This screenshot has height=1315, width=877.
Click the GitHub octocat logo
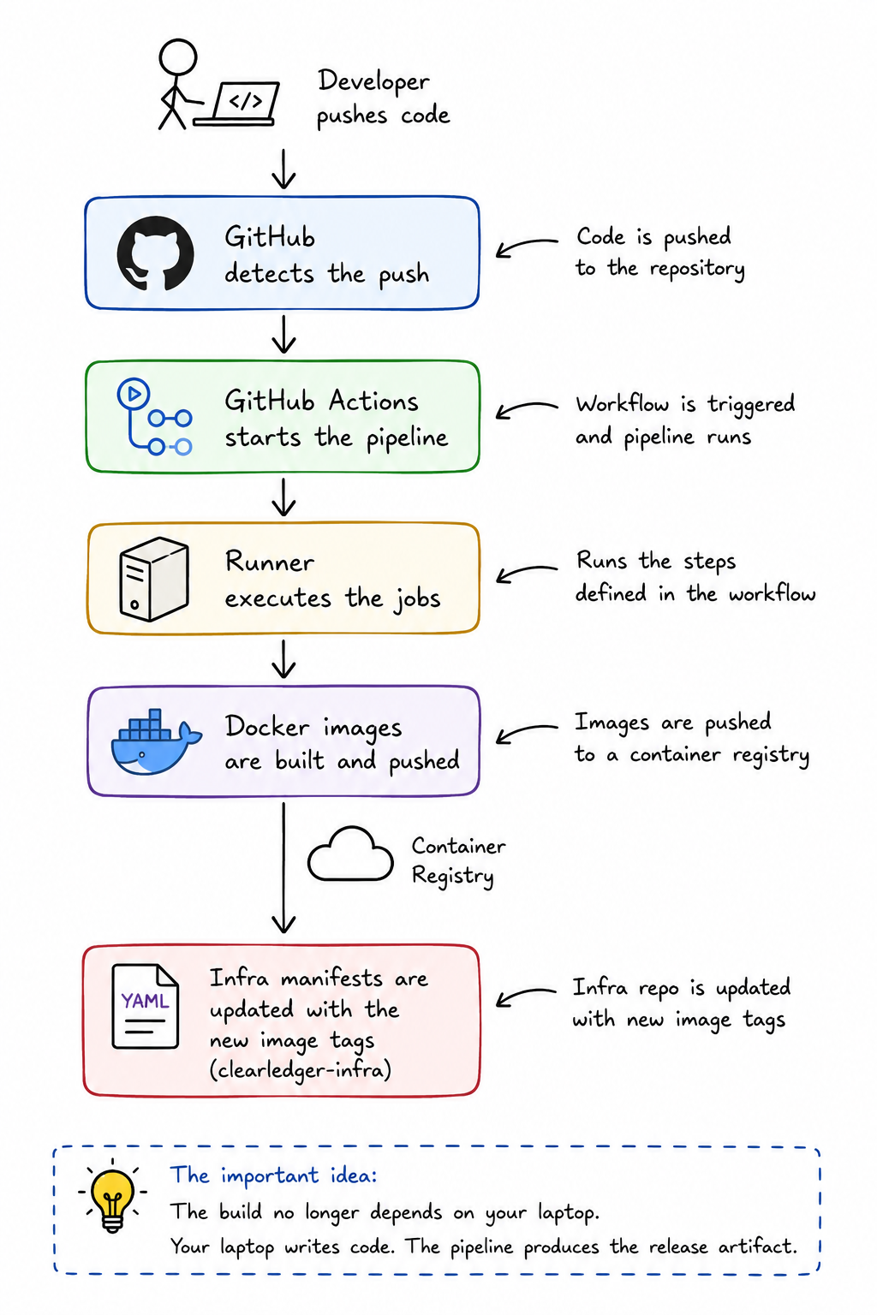[x=155, y=253]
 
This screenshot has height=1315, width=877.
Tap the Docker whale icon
[x=156, y=741]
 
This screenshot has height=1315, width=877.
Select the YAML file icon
[x=145, y=1006]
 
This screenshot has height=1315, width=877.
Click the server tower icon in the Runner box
[x=154, y=579]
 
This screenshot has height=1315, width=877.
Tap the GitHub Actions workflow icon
[x=154, y=417]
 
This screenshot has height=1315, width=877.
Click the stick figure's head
[x=177, y=57]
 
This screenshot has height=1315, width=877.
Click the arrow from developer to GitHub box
[x=283, y=169]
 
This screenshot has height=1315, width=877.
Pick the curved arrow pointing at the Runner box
[x=527, y=573]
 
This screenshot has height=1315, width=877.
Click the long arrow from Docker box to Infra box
[x=283, y=867]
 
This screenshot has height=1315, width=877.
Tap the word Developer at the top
[x=373, y=81]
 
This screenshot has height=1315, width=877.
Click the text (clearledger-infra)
[x=300, y=1070]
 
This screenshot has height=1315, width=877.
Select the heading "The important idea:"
[x=273, y=1175]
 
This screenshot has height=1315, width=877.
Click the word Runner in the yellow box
[x=270, y=562]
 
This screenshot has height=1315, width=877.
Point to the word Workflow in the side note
[x=622, y=404]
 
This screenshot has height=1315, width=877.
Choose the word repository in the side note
[x=697, y=269]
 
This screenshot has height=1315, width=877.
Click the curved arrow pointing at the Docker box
[x=527, y=732]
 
